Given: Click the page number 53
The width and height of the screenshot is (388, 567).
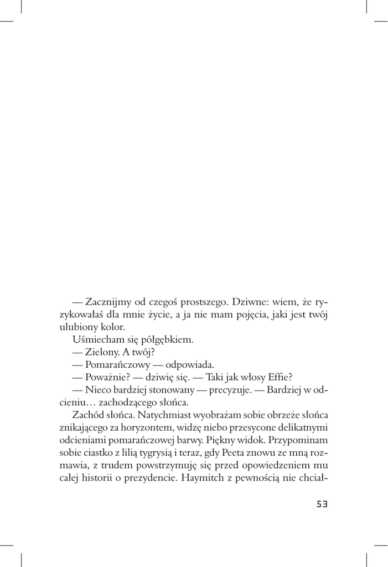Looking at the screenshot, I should point(322,504).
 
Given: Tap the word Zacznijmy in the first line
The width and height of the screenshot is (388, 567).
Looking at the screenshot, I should point(108,301).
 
